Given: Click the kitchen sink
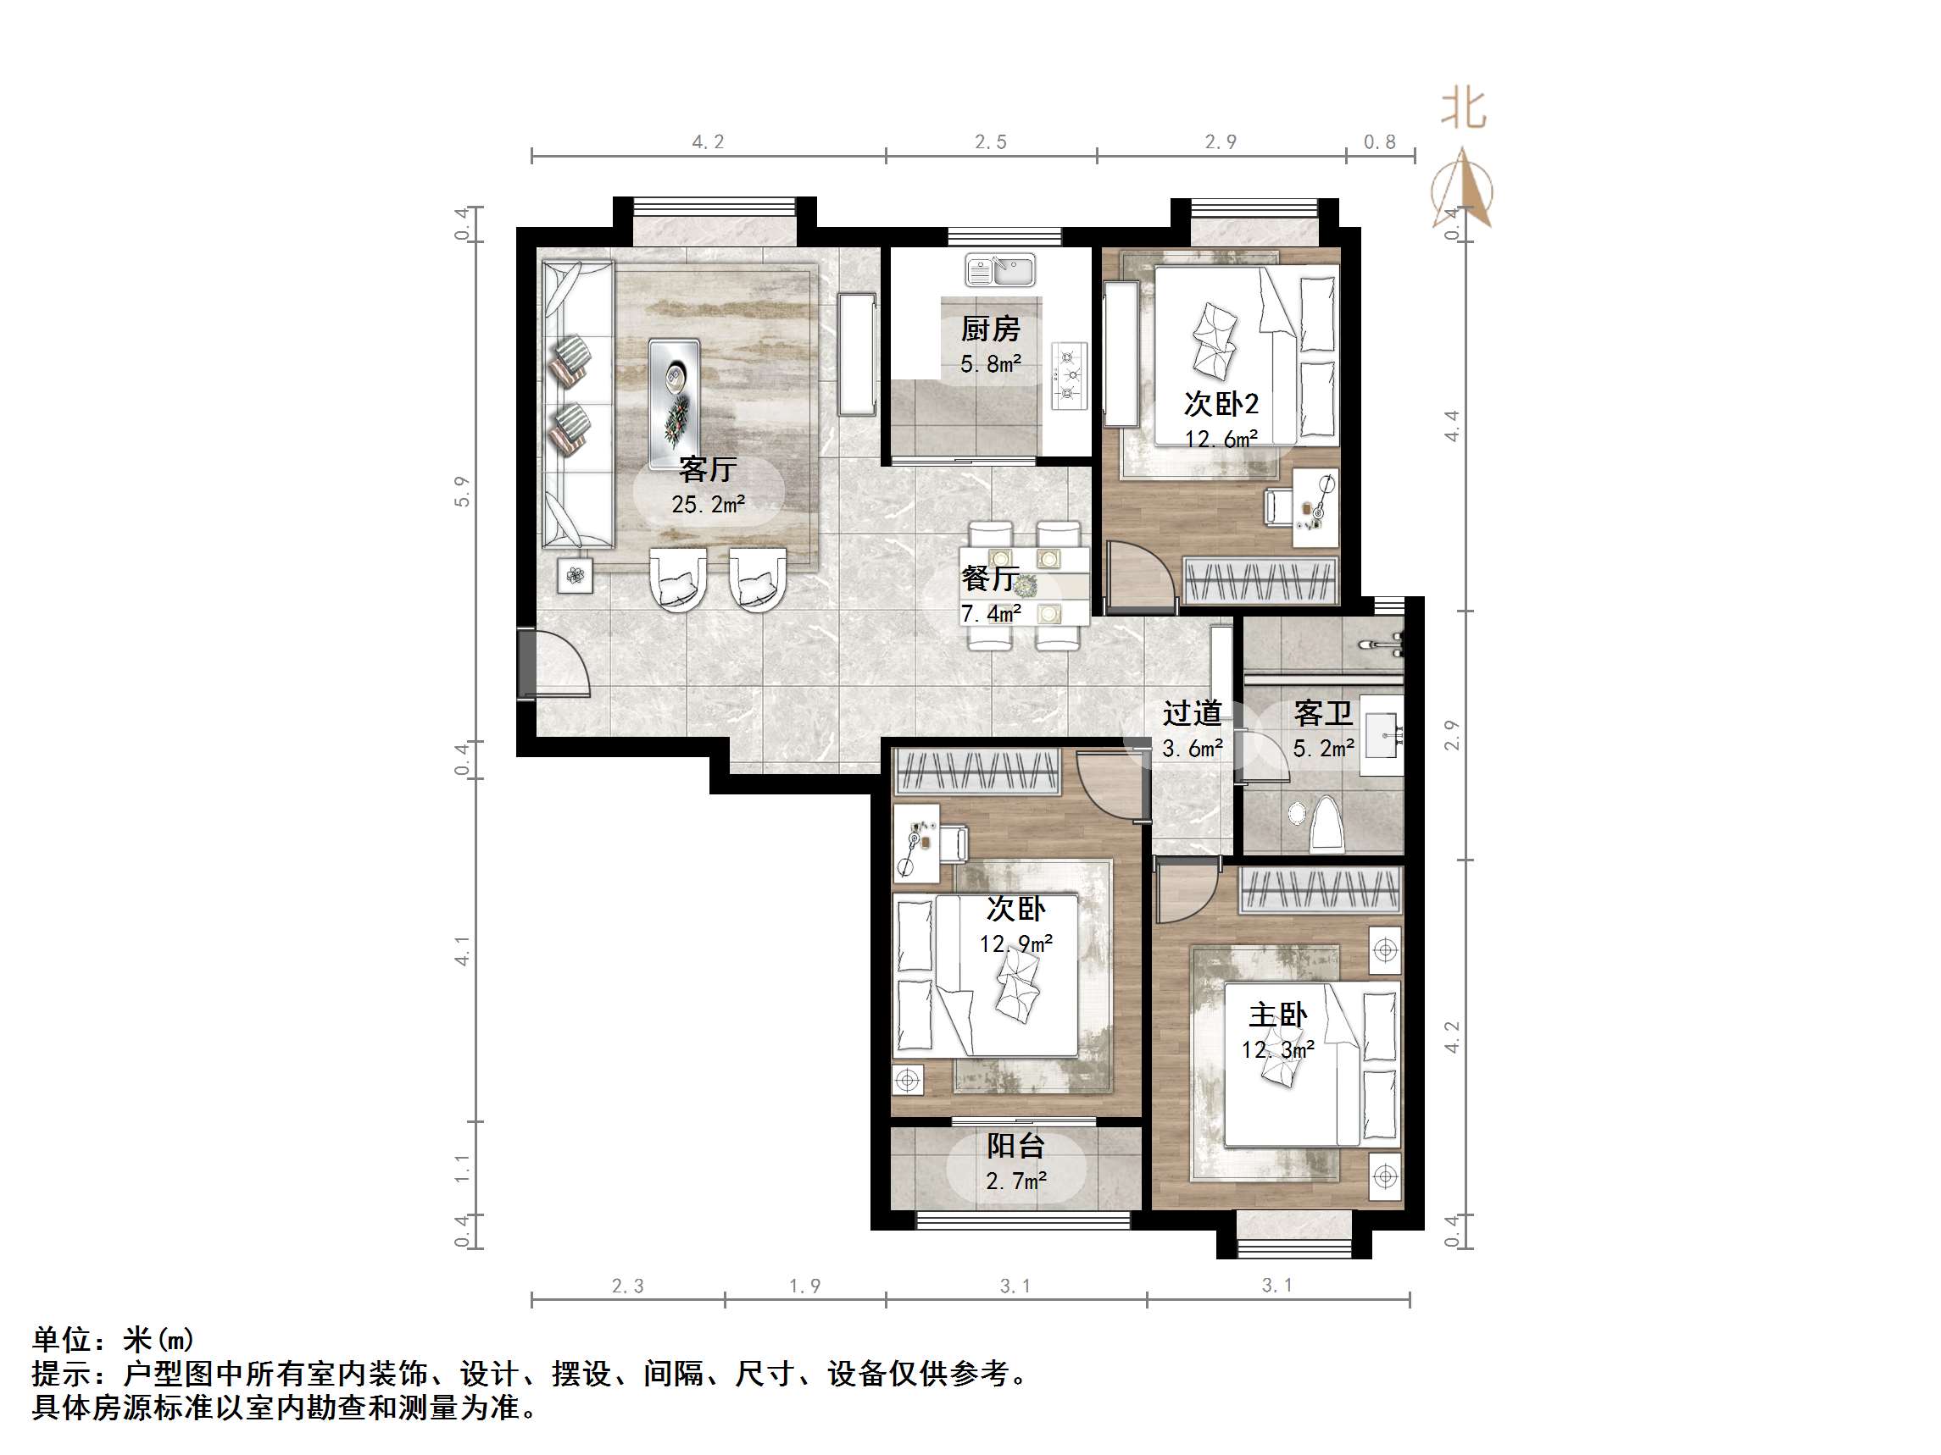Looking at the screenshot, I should point(1000,270).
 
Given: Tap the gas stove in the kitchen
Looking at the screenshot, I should point(1069,375).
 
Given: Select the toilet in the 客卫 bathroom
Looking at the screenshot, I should point(1326,824).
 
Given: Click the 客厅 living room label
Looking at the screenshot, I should point(707,469).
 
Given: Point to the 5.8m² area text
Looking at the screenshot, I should point(991,364).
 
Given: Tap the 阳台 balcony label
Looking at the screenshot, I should point(1015,1145).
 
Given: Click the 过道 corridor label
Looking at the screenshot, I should point(1192,713).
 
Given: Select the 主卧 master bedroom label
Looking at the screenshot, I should point(1277,1015).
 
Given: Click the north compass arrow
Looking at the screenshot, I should point(1462,189).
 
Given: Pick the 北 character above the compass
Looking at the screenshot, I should point(1464,110).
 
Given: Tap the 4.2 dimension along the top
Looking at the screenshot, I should point(708,142).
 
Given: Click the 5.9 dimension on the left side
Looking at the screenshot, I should point(463,492).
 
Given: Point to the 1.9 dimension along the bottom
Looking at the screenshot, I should point(804,1286).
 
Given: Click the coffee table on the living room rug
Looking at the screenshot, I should point(674,403).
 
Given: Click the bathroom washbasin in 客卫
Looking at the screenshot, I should point(1383,735).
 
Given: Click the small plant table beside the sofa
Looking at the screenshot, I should point(576,576).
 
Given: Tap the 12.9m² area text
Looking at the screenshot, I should point(1016,943).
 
